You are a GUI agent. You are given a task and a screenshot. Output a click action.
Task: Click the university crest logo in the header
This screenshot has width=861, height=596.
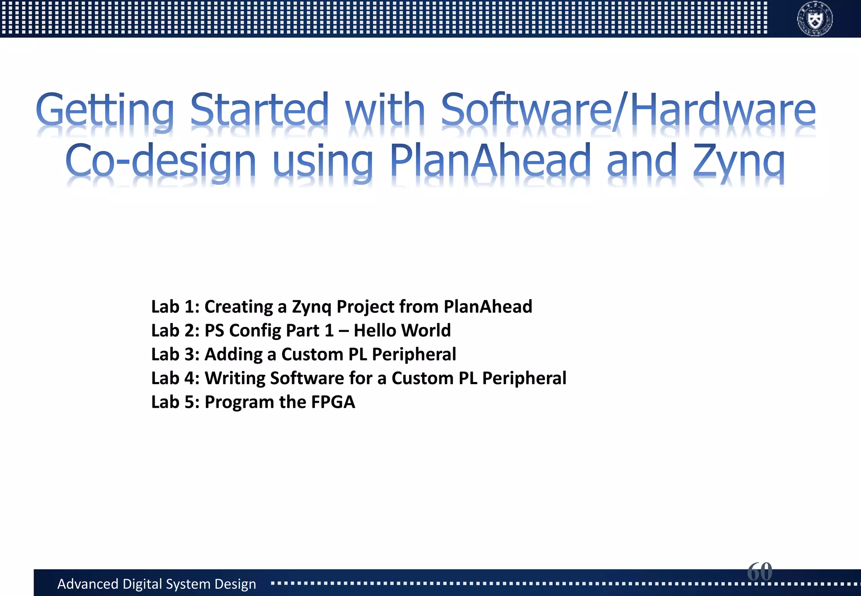tap(815, 19)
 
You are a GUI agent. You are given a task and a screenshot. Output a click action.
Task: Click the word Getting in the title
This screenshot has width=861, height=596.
tap(105, 110)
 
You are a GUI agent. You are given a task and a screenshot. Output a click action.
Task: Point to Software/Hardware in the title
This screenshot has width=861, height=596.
tap(628, 110)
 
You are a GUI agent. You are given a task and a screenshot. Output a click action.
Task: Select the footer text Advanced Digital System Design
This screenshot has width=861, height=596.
tap(156, 584)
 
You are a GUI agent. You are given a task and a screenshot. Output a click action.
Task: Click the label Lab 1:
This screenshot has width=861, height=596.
tap(175, 306)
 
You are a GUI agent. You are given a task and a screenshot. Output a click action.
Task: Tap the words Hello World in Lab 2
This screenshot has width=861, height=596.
tap(402, 330)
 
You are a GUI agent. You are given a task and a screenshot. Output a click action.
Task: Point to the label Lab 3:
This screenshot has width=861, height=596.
tap(175, 354)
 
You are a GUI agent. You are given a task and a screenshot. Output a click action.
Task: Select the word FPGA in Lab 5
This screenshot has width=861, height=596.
tap(333, 402)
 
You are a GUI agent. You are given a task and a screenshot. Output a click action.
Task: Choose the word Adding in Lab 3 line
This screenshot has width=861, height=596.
tap(233, 355)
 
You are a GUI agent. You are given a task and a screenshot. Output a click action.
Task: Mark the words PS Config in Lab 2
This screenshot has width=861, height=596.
tap(242, 331)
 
